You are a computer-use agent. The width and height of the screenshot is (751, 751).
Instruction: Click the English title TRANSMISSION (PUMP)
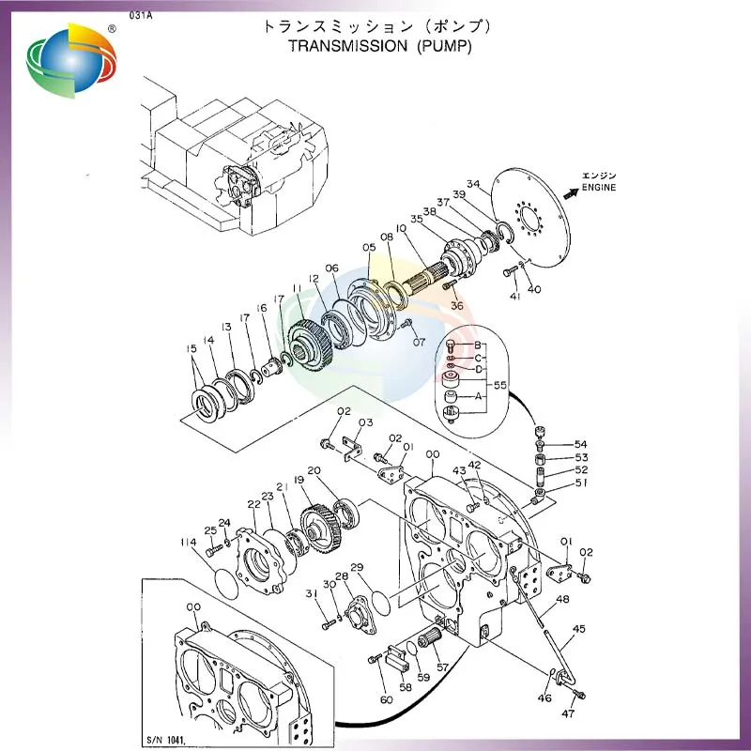click(379, 45)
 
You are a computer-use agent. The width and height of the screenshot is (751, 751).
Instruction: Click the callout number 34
click(473, 184)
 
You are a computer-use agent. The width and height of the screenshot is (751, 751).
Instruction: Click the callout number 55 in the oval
click(500, 385)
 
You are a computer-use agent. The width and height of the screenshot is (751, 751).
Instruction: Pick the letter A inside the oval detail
click(479, 396)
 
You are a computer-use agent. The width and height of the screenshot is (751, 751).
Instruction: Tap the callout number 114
click(188, 543)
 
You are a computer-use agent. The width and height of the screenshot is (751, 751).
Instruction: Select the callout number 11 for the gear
click(297, 289)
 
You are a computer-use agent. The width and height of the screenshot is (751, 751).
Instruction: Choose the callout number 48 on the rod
click(562, 599)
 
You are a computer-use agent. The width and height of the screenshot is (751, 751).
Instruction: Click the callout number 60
click(386, 698)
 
